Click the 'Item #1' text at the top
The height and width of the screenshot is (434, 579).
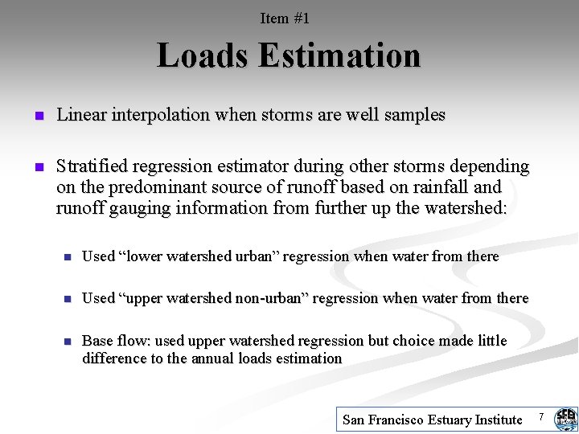tap(285, 18)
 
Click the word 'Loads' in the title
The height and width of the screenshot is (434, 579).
tap(203, 56)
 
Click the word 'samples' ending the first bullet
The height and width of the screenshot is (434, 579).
tap(415, 115)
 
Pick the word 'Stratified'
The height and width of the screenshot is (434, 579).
tap(89, 166)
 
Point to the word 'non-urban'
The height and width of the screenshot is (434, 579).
tap(273, 298)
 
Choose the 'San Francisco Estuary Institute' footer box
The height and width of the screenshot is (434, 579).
tap(433, 419)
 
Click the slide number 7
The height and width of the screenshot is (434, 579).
tap(541, 416)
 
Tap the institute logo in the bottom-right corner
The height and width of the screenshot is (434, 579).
tap(565, 419)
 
